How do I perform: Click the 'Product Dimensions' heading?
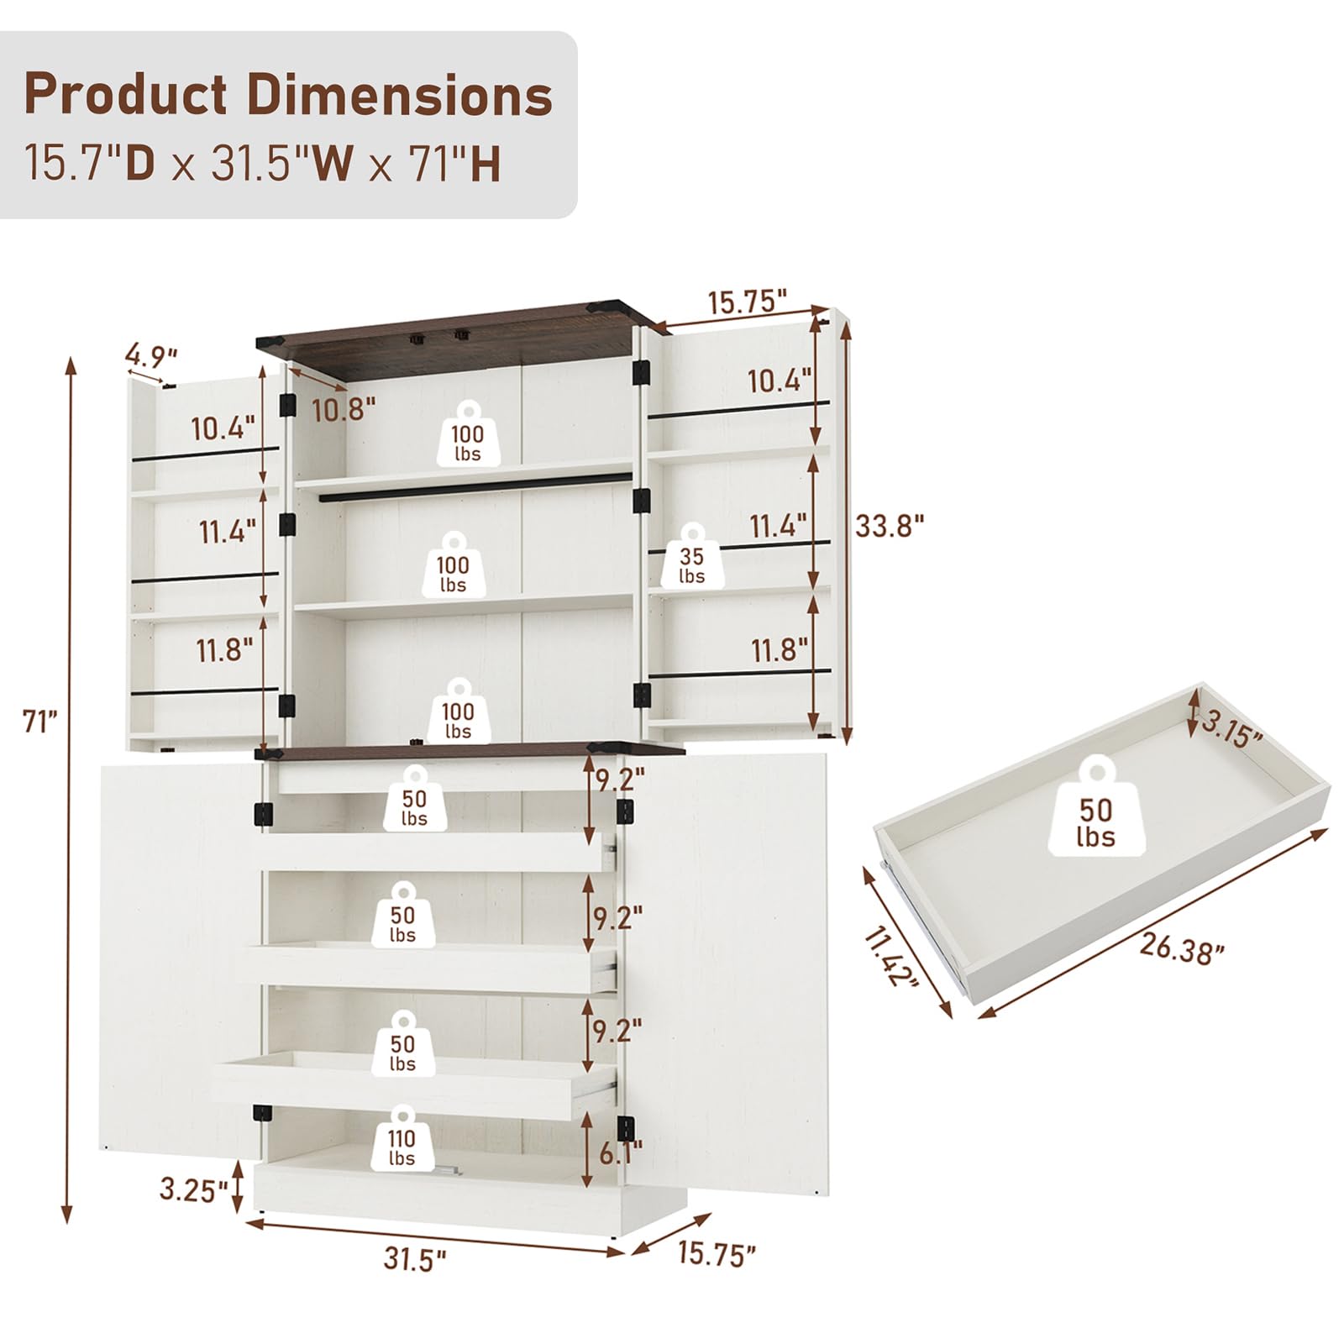point(288,95)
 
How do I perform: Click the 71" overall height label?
point(39,721)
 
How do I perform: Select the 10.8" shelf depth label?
point(344,409)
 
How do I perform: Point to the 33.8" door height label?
point(890,527)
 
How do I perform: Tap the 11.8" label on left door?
point(224,649)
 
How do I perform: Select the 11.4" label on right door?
point(778,527)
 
